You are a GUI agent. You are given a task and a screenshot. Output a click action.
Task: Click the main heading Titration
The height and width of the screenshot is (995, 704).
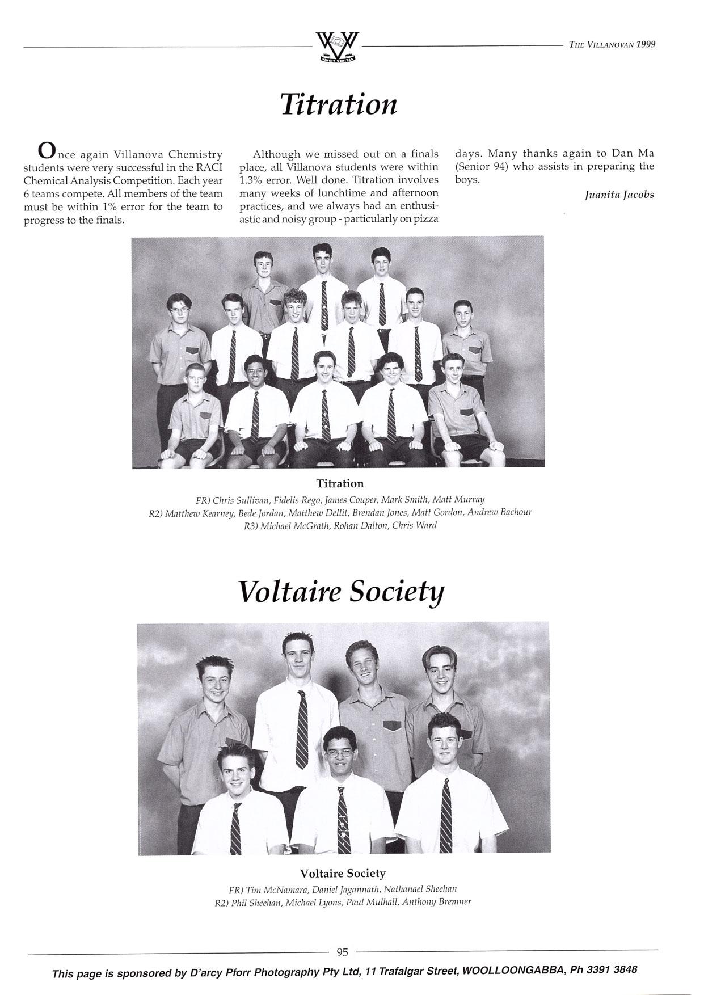tap(339, 104)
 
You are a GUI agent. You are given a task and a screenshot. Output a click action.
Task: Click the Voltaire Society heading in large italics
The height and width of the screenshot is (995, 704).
tap(340, 592)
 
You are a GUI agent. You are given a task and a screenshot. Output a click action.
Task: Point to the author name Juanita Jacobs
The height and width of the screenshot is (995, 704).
tap(619, 195)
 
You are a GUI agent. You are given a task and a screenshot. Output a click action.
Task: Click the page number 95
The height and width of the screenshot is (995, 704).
tap(342, 952)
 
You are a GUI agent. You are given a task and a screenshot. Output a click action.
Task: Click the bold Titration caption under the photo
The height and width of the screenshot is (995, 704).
tap(340, 483)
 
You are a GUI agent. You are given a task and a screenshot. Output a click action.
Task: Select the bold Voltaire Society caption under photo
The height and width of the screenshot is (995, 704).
tap(342, 873)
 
